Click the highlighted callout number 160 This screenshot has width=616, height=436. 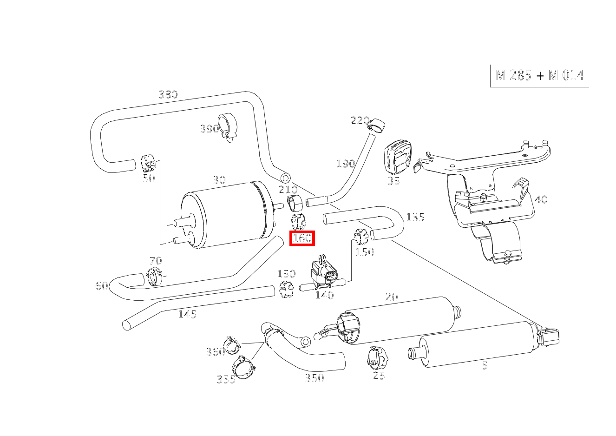pos(302,238)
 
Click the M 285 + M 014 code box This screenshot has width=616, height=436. pos(539,75)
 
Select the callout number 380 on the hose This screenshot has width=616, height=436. pos(168,95)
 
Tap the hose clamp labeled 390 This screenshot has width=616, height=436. pos(228,126)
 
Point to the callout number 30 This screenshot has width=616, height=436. pos(219,180)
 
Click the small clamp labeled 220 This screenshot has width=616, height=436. pos(377,125)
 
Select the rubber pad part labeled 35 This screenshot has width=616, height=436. pos(398,157)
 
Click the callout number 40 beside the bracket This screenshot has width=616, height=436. pos(541,200)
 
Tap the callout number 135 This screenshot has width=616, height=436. pos(415,218)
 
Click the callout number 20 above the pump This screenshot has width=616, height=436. pos(392,297)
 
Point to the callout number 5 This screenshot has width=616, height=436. pos(485,366)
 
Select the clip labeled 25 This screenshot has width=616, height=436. pos(377,357)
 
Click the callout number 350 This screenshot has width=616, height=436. pos(314,378)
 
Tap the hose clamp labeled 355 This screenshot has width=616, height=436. pos(244,365)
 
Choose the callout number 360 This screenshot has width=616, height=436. pos(215,352)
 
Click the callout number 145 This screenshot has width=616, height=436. pos(187,315)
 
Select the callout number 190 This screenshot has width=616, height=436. pos(345,164)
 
